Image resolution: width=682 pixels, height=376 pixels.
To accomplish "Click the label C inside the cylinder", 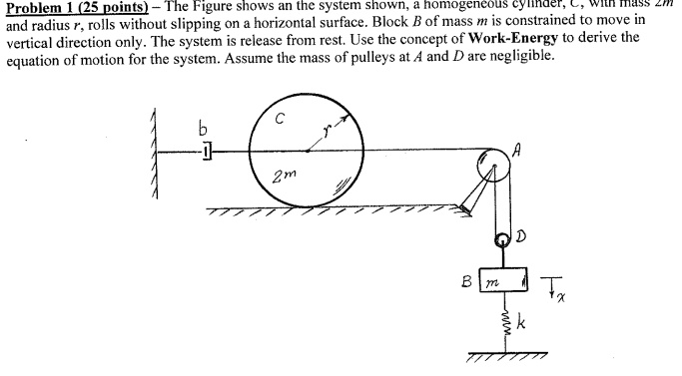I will (x=282, y=117).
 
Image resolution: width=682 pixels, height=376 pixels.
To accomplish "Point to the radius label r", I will (x=326, y=130).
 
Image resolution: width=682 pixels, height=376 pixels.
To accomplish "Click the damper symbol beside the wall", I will (x=206, y=152).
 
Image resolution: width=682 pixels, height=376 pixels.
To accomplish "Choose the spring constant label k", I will (x=521, y=327).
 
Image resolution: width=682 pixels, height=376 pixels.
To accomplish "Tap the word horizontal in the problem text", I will (x=361, y=19).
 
